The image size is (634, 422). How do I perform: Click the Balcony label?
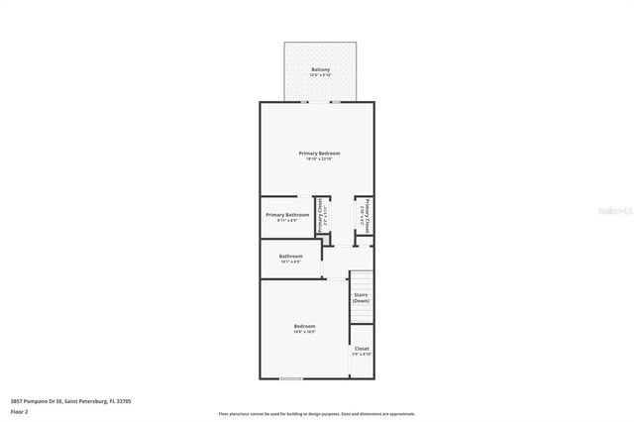(319, 69)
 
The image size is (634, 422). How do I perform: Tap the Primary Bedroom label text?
(319, 153)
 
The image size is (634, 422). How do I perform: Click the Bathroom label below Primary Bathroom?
(290, 257)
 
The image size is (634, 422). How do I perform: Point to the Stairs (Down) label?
(362, 297)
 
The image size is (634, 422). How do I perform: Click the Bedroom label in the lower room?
(304, 327)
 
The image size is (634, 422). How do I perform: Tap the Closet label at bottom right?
(362, 349)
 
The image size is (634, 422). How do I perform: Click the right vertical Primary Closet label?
(367, 215)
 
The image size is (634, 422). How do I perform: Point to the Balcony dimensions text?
(319, 75)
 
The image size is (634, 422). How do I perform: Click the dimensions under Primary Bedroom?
(319, 159)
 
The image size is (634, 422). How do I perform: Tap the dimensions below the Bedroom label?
(304, 333)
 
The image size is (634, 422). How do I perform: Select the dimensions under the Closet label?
(362, 355)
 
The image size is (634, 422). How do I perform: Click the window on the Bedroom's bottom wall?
(291, 378)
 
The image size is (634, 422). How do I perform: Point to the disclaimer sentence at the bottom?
(317, 414)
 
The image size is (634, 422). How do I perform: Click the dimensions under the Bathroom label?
(290, 263)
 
